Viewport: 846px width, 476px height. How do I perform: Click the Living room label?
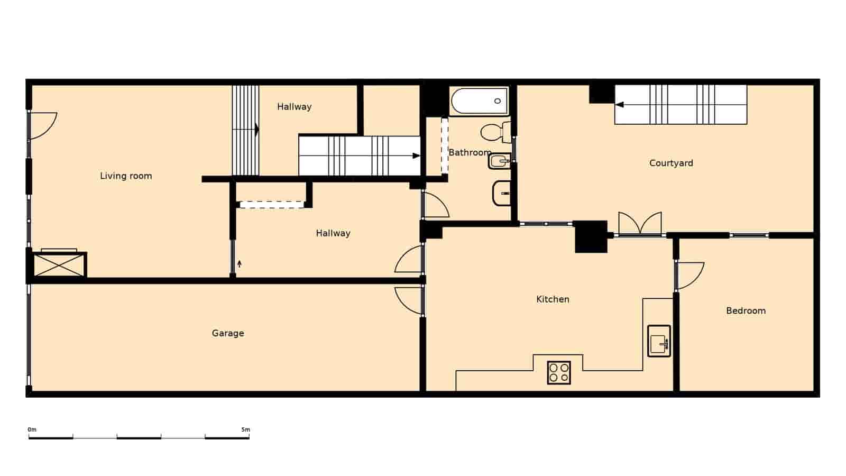[x=126, y=176]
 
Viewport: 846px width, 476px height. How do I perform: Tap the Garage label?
[x=228, y=333]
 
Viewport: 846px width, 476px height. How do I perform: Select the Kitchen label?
[x=553, y=299]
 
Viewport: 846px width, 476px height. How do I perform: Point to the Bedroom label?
[x=746, y=310]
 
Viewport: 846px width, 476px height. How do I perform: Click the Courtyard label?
[x=671, y=163]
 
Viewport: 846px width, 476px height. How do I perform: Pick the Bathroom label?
[x=470, y=152]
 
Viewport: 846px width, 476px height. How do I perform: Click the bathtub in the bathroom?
[x=479, y=101]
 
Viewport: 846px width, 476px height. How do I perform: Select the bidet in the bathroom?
[x=499, y=161]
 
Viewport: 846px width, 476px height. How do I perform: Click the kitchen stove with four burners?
[x=559, y=372]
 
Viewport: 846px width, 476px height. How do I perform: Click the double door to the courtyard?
[x=640, y=223]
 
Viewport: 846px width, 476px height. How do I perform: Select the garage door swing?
[x=408, y=300]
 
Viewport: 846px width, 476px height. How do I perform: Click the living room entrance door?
[x=42, y=126]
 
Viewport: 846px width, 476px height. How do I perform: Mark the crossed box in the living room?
[x=59, y=264]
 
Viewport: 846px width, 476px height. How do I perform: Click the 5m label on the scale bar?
[x=245, y=429]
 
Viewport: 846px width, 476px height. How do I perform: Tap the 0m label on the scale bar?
[x=32, y=429]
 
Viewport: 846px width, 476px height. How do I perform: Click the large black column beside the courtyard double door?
[x=591, y=236]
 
